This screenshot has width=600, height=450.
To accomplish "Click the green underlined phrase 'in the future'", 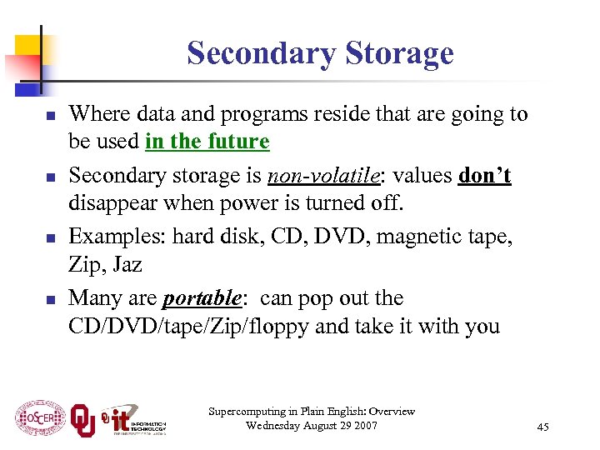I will (207, 142).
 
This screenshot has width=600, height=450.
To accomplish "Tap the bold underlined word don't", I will (484, 176).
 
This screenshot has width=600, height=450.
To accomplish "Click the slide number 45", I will (542, 427).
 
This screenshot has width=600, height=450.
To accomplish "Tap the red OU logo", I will (82, 419).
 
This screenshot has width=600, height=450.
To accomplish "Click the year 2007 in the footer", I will (363, 426).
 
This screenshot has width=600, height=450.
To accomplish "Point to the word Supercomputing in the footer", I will (244, 411).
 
